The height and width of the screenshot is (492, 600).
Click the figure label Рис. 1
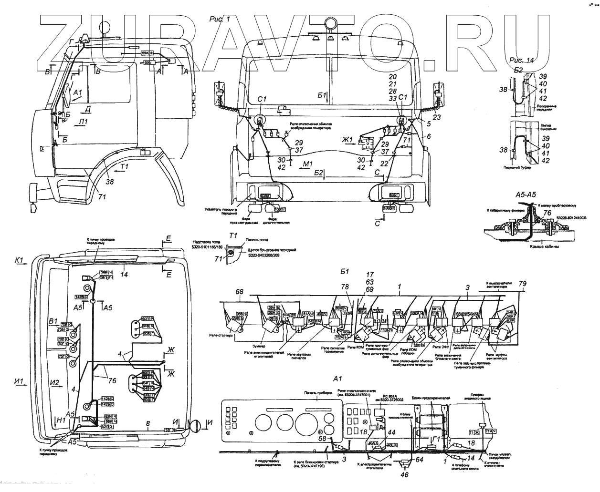pyautogui.click(x=220, y=20)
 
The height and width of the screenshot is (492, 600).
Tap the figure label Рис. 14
pyautogui.click(x=522, y=61)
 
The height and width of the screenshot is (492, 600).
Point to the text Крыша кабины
pyautogui.click(x=540, y=247)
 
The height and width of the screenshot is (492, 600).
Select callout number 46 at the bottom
pyautogui.click(x=405, y=475)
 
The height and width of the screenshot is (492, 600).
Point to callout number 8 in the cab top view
pyautogui.click(x=148, y=423)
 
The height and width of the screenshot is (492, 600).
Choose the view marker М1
pyautogui.click(x=308, y=165)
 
